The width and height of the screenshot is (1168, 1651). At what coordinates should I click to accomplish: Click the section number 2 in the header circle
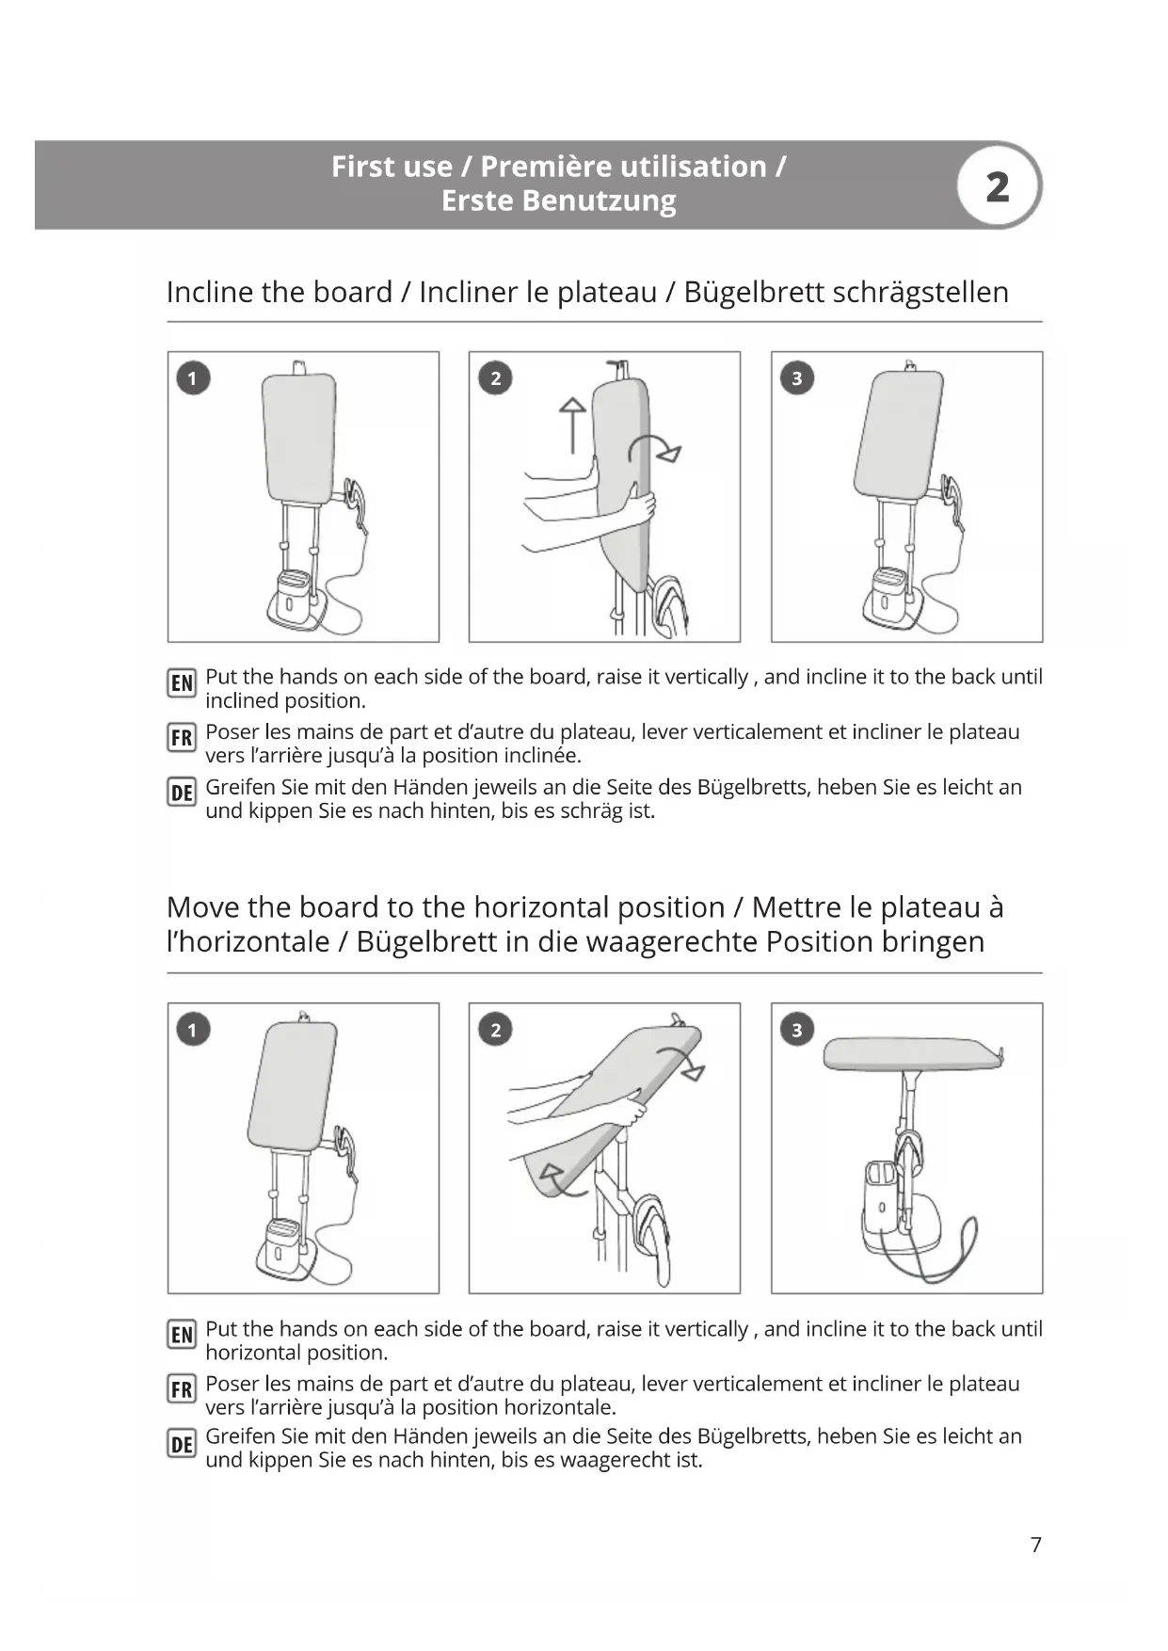click(998, 186)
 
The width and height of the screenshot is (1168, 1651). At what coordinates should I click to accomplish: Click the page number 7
click(1036, 1545)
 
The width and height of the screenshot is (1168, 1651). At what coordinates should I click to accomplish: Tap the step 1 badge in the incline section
click(193, 378)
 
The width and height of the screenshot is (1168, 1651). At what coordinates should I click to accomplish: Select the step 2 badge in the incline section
click(495, 378)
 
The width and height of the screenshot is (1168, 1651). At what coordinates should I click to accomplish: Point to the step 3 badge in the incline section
click(797, 378)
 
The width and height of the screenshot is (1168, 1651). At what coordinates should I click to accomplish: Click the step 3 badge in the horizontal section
click(797, 1030)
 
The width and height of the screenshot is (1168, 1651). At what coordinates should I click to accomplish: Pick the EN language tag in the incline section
click(182, 682)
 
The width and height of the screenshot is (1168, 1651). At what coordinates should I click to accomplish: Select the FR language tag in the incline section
click(182, 738)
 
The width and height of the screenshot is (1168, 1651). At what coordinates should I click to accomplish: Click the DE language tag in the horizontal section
click(182, 1444)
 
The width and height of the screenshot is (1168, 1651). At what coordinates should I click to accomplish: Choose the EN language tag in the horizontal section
click(182, 1335)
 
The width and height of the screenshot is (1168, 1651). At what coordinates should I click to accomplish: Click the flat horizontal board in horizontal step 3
click(908, 1054)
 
